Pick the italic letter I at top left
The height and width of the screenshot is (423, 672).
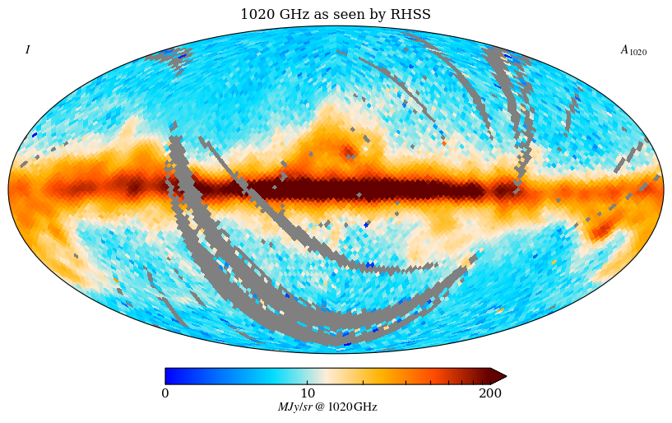tap(27, 50)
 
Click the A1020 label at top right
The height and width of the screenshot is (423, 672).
tap(633, 51)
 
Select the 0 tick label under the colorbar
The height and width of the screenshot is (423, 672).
tap(165, 393)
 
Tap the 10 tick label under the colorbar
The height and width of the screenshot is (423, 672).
tap(308, 393)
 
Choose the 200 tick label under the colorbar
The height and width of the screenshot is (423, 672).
tap(490, 393)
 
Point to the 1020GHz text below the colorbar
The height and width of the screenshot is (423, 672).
tap(352, 407)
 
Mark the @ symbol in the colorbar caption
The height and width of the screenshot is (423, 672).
tap(319, 407)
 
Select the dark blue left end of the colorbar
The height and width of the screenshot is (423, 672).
tap(169, 376)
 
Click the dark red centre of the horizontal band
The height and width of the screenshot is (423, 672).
tap(345, 190)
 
